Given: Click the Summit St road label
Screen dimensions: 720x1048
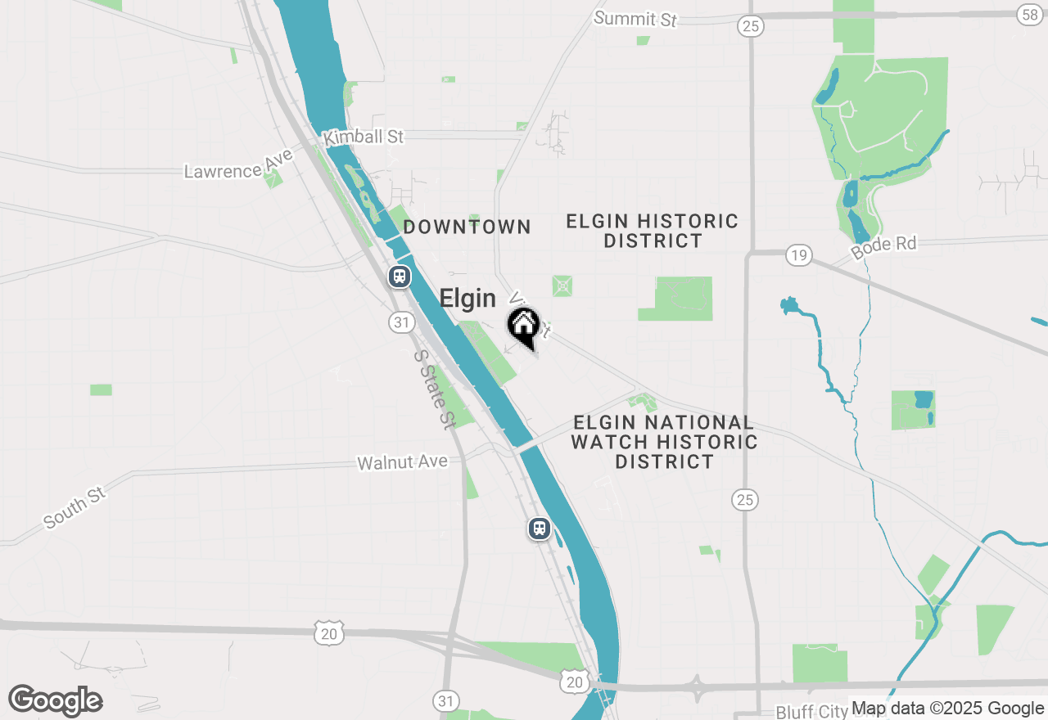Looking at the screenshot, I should [x=636, y=18].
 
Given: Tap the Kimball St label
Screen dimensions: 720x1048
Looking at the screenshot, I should [x=364, y=137].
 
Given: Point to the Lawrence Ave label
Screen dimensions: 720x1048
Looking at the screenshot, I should [x=238, y=164].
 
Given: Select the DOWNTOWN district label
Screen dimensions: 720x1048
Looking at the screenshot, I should [x=467, y=227].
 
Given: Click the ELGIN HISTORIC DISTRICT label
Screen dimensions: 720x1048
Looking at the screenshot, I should [x=653, y=231].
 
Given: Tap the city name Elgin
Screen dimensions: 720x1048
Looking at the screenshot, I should [x=468, y=299].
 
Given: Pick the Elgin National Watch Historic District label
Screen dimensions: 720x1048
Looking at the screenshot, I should [x=664, y=442].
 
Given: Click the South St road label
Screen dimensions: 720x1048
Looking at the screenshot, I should [x=75, y=509].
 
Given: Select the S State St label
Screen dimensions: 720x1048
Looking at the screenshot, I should [x=433, y=390].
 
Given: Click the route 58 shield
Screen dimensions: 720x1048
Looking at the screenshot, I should [x=1029, y=14].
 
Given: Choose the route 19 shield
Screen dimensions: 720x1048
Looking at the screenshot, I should [x=798, y=255].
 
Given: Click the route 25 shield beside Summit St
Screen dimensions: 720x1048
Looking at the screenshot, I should [x=750, y=26].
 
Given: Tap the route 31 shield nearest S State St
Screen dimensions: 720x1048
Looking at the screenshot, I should [x=400, y=322].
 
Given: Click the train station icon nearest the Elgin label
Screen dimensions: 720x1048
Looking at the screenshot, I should [x=400, y=277].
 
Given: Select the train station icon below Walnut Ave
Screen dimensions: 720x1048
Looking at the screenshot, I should [x=540, y=528].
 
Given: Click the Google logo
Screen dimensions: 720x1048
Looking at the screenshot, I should [x=55, y=700].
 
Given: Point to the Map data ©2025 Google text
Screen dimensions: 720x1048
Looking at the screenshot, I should [x=947, y=709].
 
